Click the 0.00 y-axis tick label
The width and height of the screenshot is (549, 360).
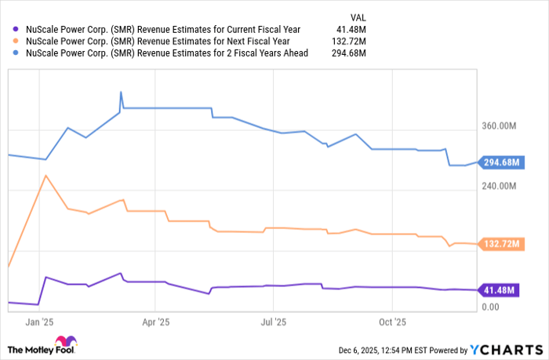[491, 307]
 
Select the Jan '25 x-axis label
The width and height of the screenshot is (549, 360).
[39, 322]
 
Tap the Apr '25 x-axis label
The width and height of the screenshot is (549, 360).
[156, 322]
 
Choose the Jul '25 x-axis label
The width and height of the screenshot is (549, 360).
[273, 322]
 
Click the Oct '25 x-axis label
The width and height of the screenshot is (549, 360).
[391, 322]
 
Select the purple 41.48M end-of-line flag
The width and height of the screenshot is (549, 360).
[497, 290]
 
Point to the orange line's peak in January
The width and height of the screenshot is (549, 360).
[45, 175]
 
